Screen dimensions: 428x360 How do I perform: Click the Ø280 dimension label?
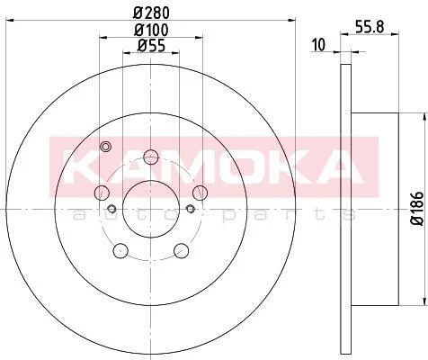pyautogui.click(x=151, y=13)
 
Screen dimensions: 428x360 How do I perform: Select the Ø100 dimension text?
pyautogui.click(x=151, y=30)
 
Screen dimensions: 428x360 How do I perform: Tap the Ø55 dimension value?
pyautogui.click(x=151, y=46)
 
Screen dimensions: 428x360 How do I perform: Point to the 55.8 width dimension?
pyautogui.click(x=370, y=28)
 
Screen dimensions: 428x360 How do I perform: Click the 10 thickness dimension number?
pyautogui.click(x=318, y=45)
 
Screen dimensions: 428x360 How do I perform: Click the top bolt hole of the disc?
pyautogui.click(x=151, y=157)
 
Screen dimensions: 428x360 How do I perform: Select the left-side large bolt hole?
pyautogui.click(x=102, y=193)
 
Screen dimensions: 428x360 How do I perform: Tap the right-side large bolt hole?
pyautogui.click(x=200, y=193)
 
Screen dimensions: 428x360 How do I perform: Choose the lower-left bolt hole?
pyautogui.click(x=120, y=250)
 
